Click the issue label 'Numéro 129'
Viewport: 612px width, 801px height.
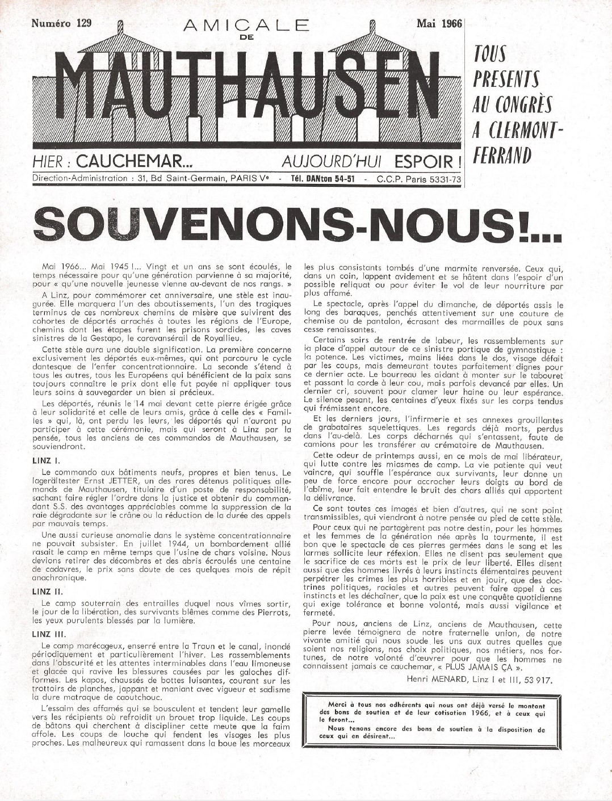tap(61, 23)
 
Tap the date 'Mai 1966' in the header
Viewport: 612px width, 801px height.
tap(438, 23)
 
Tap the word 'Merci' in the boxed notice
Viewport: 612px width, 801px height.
tap(339, 704)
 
